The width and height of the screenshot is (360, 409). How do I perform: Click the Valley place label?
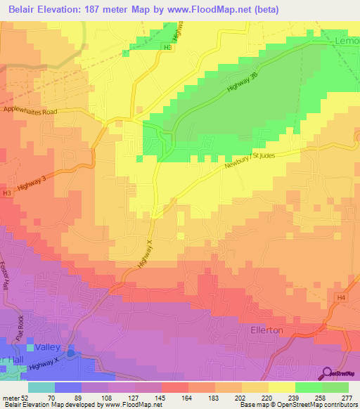[x=55, y=347]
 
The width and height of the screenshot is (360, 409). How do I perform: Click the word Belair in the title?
[x=24, y=10]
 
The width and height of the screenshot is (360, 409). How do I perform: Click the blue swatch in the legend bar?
[x=68, y=387]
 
